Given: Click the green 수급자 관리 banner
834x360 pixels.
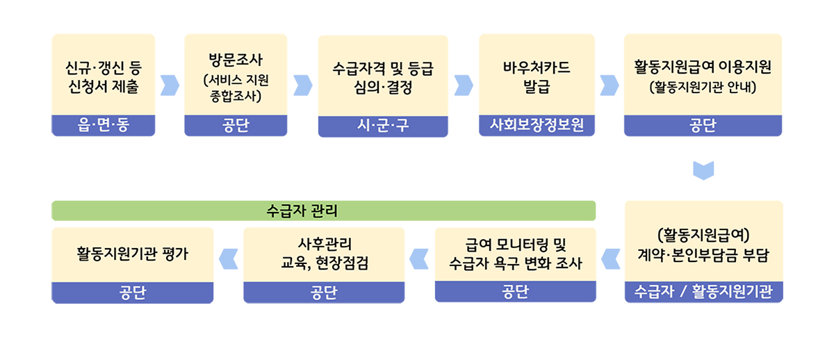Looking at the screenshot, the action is [x=323, y=211].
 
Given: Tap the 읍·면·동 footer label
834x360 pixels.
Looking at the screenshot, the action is [x=103, y=124].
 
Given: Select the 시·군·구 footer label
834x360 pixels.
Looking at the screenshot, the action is [x=383, y=126].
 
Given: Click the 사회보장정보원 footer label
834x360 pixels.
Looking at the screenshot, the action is [x=537, y=124].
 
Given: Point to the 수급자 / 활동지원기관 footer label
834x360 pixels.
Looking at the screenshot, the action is [x=703, y=291].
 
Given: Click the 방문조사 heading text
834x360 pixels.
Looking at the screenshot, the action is [x=236, y=60].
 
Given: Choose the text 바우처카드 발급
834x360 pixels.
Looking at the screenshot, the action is [x=537, y=77].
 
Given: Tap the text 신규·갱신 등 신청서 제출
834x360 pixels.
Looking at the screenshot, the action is [x=103, y=77].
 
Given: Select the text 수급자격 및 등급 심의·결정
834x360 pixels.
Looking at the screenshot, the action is [x=383, y=78].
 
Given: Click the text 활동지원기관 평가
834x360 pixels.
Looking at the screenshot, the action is [x=133, y=254].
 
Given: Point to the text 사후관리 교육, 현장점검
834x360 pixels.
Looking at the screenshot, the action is [x=324, y=254].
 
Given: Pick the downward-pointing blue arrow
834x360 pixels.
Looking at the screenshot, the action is [x=703, y=170].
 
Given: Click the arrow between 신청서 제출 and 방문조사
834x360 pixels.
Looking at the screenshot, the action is [x=170, y=85].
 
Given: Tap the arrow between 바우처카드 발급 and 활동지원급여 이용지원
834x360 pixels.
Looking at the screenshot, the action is [x=610, y=85].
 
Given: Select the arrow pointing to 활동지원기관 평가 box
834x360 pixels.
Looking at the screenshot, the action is [x=228, y=259].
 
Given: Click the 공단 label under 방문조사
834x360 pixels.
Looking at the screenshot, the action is [x=236, y=126].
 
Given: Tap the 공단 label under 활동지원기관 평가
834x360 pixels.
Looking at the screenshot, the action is [x=133, y=293].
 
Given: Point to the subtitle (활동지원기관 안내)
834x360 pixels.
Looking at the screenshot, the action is [x=703, y=87].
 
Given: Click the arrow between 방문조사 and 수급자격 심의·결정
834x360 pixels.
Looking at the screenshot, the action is [x=303, y=85].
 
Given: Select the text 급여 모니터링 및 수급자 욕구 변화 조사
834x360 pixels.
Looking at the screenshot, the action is [x=515, y=254].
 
